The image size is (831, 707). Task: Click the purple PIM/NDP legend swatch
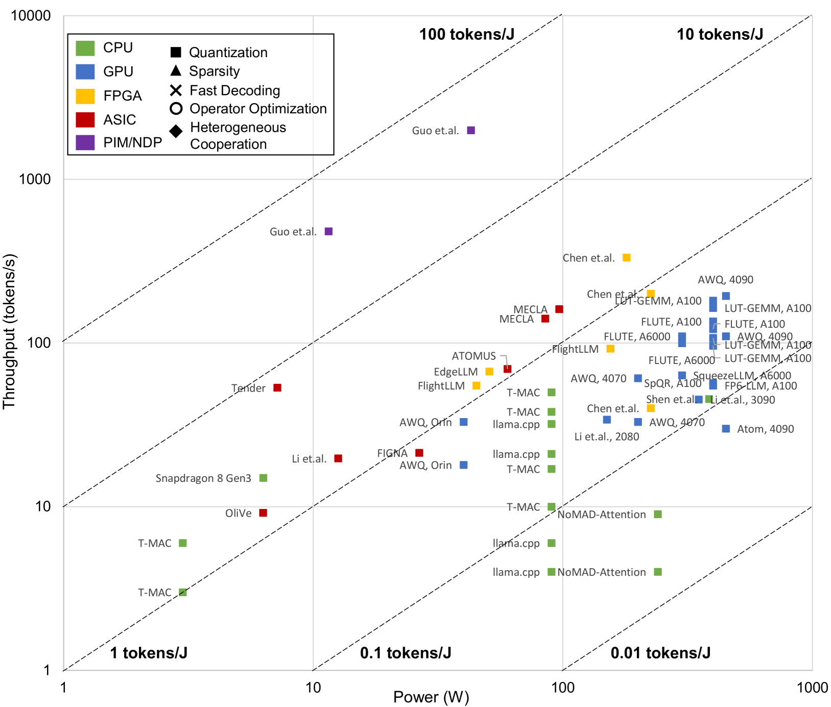pyautogui.click(x=85, y=142)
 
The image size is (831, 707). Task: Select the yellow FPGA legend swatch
pyautogui.click(x=85, y=96)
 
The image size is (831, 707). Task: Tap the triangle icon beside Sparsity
pyautogui.click(x=176, y=70)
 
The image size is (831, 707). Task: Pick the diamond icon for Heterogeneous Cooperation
pyautogui.click(x=176, y=131)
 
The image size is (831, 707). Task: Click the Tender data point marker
pyautogui.click(x=277, y=388)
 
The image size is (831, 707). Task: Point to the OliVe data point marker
pyautogui.click(x=263, y=513)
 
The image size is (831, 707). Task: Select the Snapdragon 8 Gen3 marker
pyautogui.click(x=263, y=478)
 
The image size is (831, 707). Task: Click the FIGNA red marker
pyautogui.click(x=419, y=453)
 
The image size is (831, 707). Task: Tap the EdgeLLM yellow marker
pyautogui.click(x=489, y=372)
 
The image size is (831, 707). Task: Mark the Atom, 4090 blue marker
pyautogui.click(x=726, y=429)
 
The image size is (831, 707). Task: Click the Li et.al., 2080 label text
pyautogui.click(x=606, y=436)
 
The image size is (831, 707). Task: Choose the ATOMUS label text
pyautogui.click(x=473, y=356)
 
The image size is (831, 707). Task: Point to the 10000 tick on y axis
pyautogui.click(x=31, y=16)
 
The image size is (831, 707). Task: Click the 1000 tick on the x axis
pyautogui.click(x=812, y=688)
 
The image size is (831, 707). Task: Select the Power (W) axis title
pyautogui.click(x=431, y=697)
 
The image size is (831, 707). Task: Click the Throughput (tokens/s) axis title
pyautogui.click(x=9, y=331)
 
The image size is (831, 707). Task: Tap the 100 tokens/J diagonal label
pyautogui.click(x=466, y=34)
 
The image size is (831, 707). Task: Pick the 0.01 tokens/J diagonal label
pyautogui.click(x=660, y=653)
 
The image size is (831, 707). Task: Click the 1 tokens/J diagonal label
pyautogui.click(x=149, y=653)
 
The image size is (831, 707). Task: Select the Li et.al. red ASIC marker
pyautogui.click(x=338, y=458)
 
